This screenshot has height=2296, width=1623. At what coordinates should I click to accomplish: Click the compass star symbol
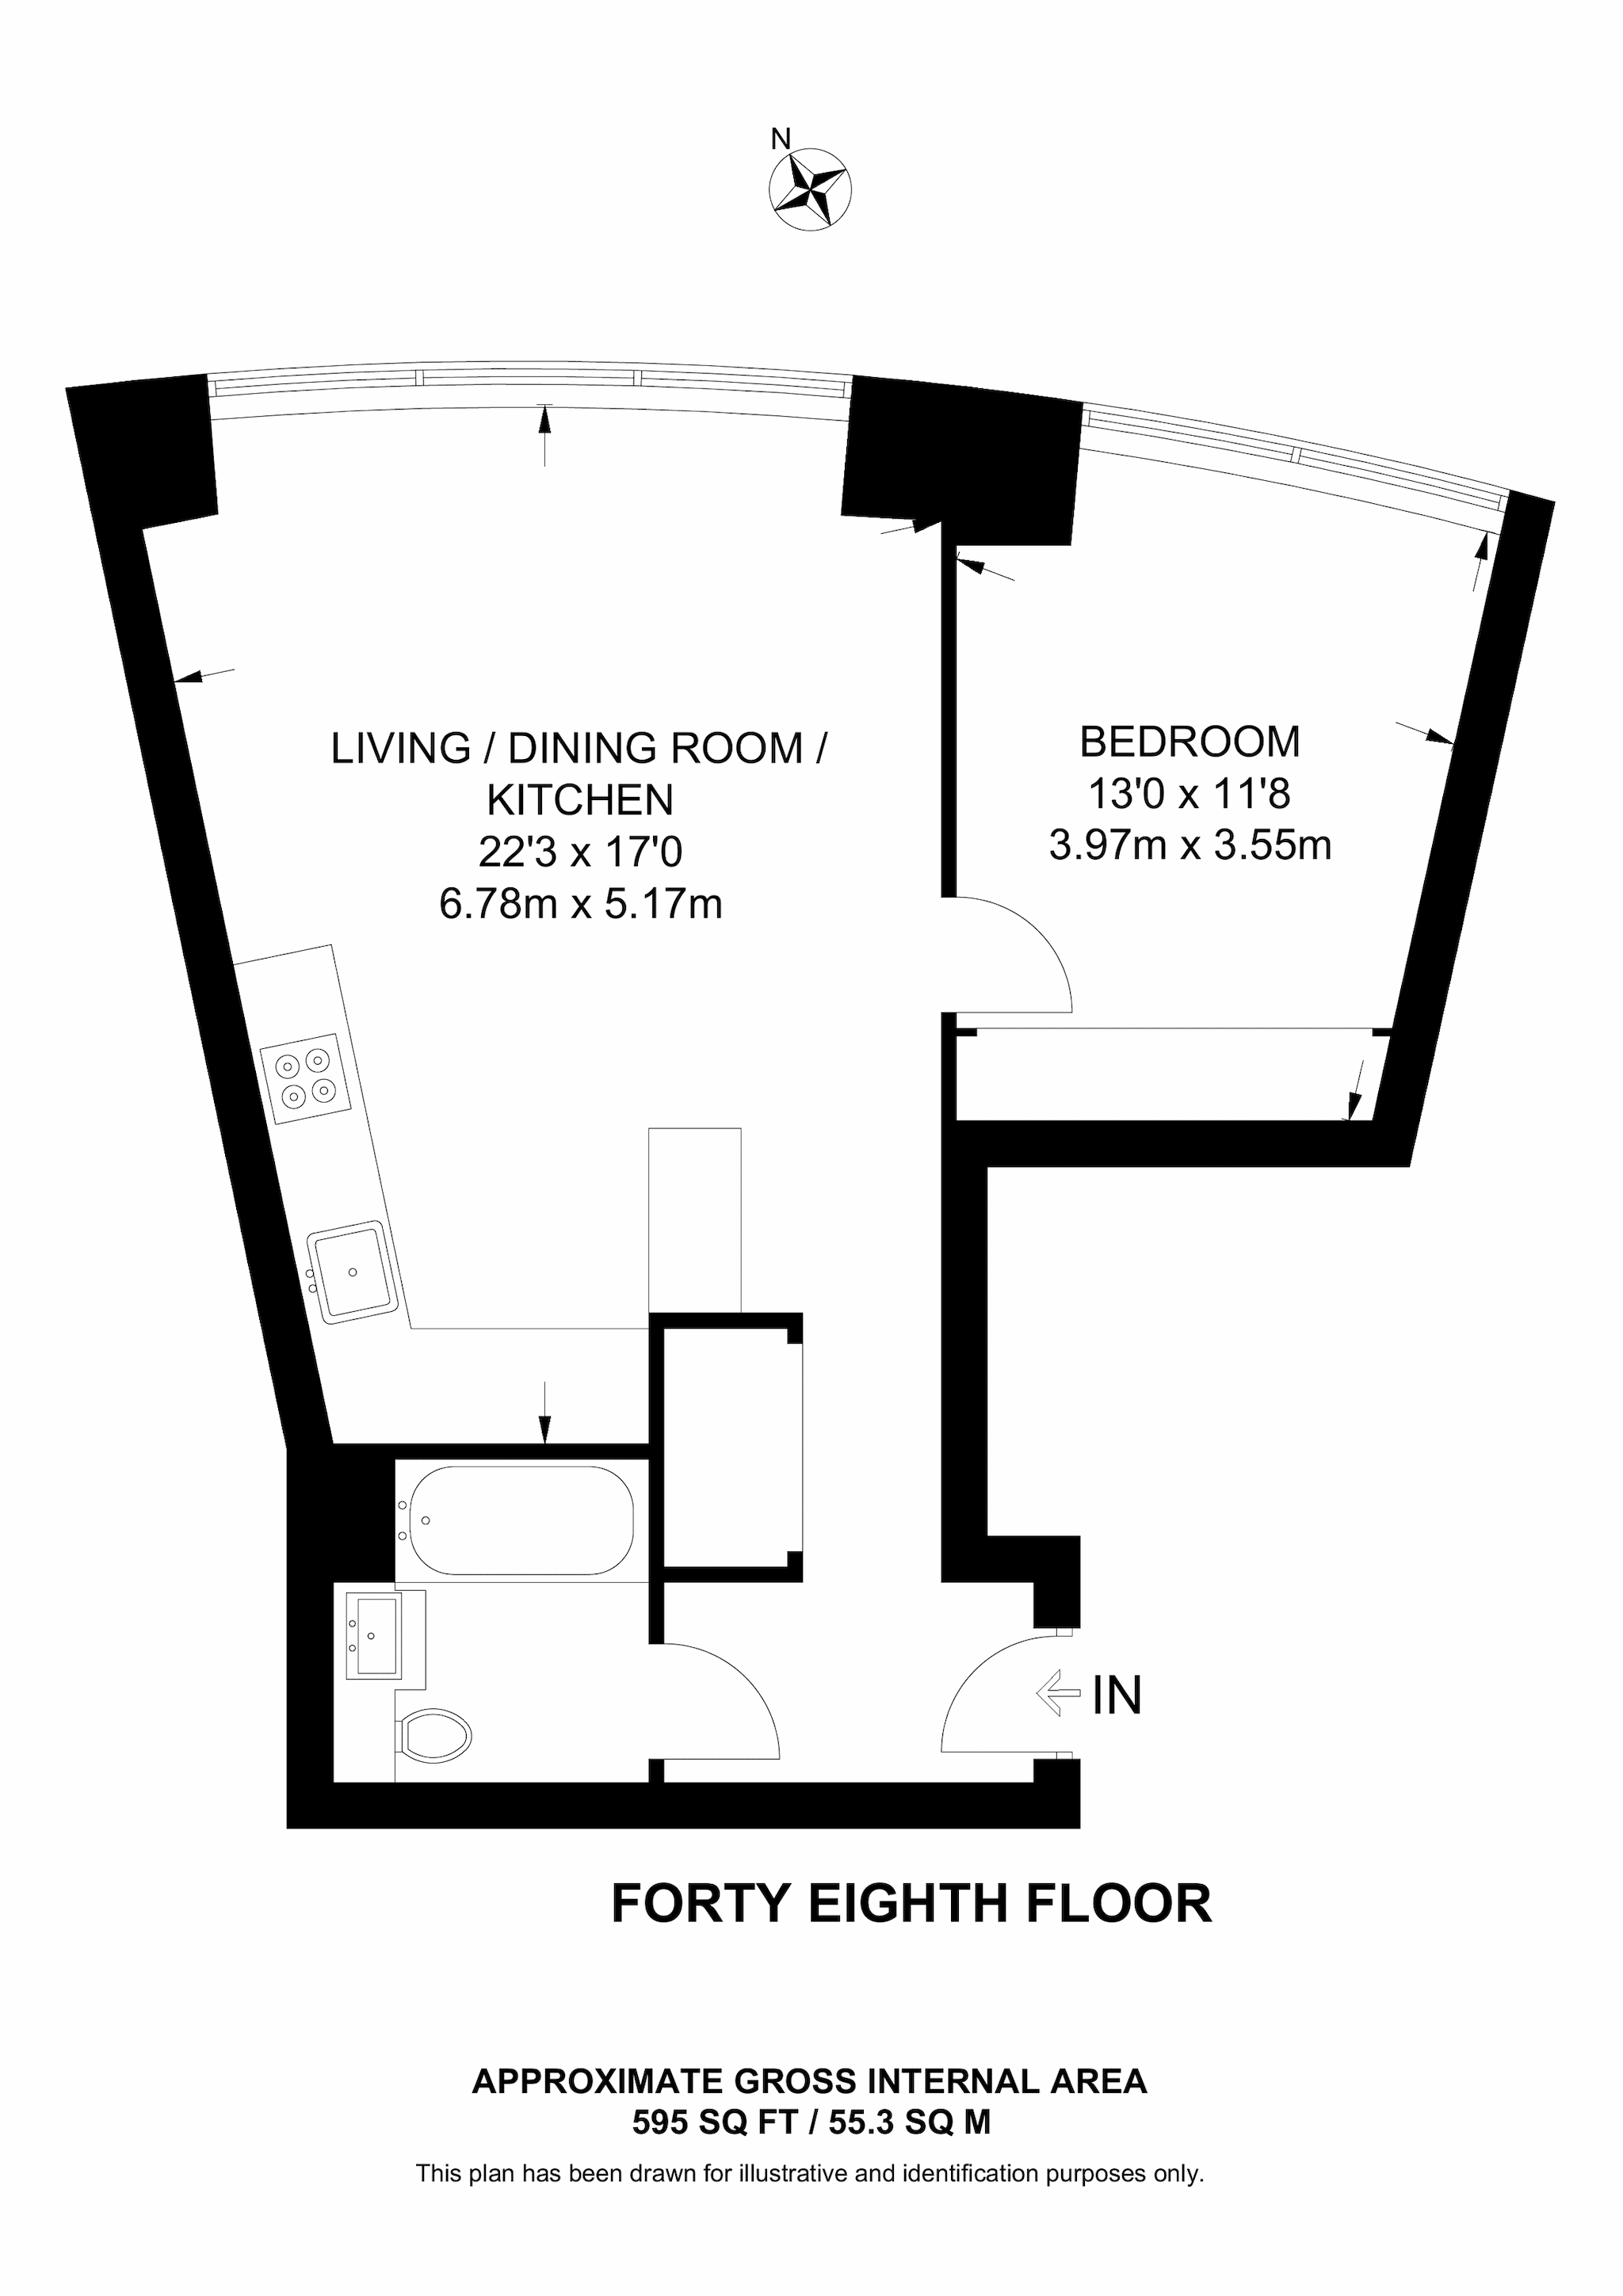pos(810,189)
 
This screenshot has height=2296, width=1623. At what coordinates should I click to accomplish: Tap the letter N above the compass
pos(781,139)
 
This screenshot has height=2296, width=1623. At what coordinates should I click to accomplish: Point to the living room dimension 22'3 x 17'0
pos(580,852)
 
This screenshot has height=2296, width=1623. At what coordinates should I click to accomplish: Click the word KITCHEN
pos(580,800)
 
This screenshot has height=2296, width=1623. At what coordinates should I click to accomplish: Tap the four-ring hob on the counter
pos(306,1078)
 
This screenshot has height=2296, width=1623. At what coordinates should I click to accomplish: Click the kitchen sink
pos(353,1272)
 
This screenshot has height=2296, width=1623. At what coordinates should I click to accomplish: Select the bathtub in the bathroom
pos(515,1520)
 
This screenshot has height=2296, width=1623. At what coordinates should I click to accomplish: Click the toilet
pos(436,1735)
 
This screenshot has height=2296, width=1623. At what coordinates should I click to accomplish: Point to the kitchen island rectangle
pos(695,1218)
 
